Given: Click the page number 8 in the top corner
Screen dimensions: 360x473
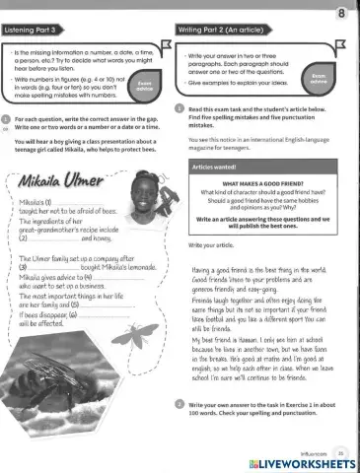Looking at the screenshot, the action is click(340, 13).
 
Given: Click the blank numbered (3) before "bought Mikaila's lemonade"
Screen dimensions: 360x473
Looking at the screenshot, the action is click(55, 267).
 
